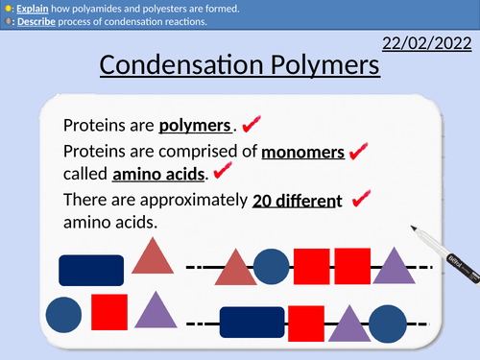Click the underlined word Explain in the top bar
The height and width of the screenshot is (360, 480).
click(30, 8)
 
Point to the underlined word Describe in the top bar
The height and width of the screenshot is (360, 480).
click(34, 22)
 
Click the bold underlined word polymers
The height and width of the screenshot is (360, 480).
click(196, 126)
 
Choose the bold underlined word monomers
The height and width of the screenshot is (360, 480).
click(303, 152)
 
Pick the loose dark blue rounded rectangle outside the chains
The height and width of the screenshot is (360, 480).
click(91, 270)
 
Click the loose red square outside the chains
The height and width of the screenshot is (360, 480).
click(109, 312)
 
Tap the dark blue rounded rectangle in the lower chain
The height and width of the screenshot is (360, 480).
click(252, 324)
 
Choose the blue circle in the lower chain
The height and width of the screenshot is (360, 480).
click(387, 324)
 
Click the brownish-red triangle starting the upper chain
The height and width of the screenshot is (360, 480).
click(235, 268)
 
